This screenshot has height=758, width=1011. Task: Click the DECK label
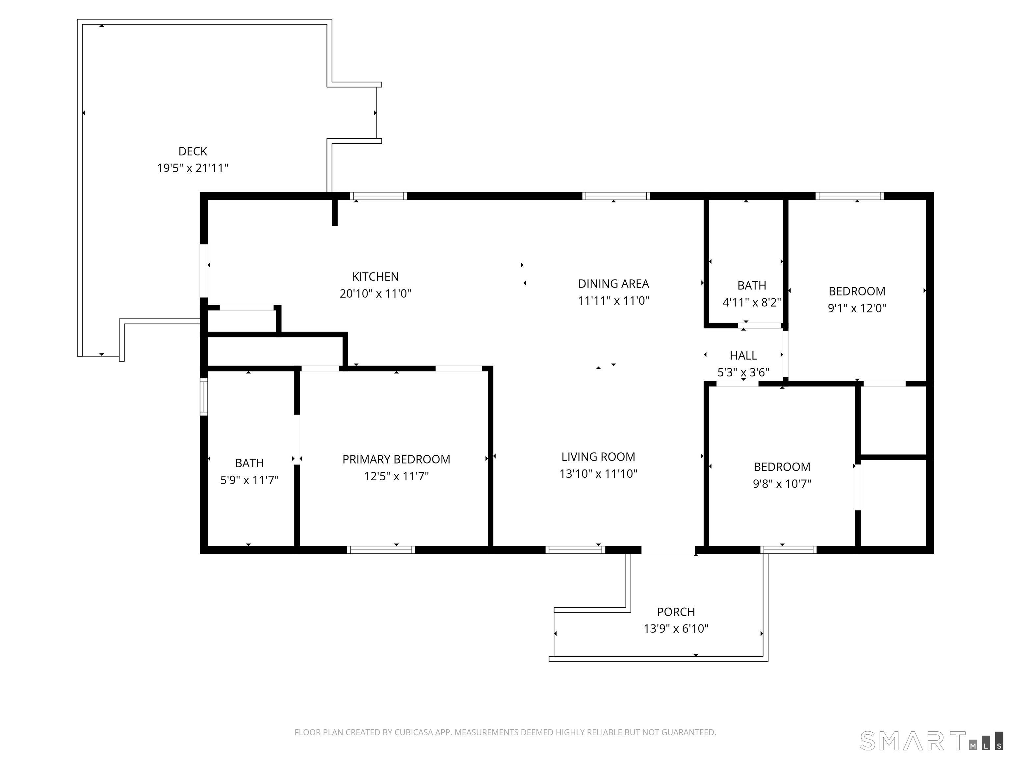pos(193,151)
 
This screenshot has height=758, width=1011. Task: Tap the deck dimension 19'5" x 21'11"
pos(193,168)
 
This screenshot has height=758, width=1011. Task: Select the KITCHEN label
pos(375,276)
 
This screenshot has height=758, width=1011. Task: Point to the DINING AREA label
pos(613,284)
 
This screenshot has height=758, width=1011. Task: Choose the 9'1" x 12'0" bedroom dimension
pos(857,308)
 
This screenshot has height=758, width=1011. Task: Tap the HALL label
pos(743,355)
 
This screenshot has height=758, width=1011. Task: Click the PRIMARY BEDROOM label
pos(396,459)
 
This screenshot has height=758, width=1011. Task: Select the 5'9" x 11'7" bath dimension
pos(249,480)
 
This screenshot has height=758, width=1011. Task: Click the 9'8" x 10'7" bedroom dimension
pos(782,483)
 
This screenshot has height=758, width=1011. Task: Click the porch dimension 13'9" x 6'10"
pos(676,628)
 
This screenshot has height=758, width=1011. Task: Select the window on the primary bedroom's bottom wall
pos(381,550)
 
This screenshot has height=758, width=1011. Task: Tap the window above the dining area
pos(616,196)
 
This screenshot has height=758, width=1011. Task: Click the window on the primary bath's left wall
pos(204,396)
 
